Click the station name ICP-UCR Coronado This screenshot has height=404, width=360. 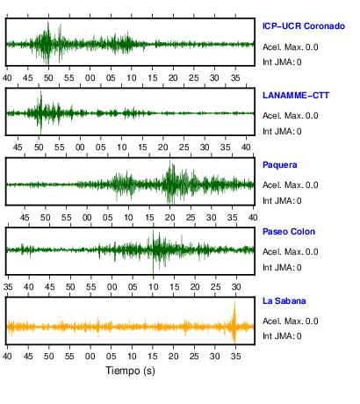[x=304, y=26]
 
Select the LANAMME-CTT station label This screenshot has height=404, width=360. [x=296, y=96]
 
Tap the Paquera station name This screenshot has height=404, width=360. [x=280, y=165]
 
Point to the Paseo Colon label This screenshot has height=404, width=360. [x=289, y=232]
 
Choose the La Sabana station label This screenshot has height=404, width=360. [x=284, y=301]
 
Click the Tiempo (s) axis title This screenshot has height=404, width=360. [x=130, y=371]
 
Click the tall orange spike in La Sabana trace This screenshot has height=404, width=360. [x=234, y=321]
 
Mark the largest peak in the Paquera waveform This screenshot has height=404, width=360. [x=170, y=182]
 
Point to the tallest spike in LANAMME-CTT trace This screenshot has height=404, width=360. [x=40, y=112]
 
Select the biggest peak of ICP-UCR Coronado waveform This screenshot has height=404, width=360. [x=48, y=43]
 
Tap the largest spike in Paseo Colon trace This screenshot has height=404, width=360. [x=153, y=251]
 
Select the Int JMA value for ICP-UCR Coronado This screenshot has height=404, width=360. [x=299, y=62]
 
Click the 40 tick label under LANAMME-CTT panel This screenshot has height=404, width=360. [x=246, y=147]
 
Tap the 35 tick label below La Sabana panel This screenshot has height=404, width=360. [x=235, y=356]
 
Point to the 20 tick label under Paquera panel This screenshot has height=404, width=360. [x=169, y=218]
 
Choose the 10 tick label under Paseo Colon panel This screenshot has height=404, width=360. [x=154, y=286]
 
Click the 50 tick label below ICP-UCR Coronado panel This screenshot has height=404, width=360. [x=48, y=77]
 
